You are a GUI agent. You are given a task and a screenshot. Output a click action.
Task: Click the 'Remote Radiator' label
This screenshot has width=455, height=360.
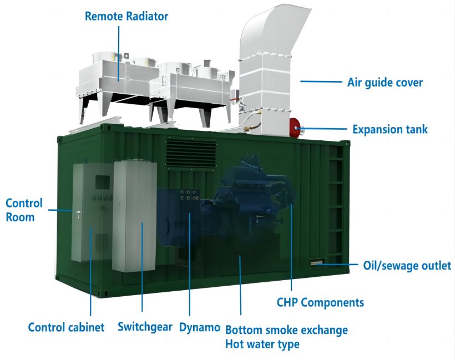(126, 16)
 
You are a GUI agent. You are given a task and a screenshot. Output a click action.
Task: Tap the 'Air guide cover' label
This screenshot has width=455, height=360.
(385, 83)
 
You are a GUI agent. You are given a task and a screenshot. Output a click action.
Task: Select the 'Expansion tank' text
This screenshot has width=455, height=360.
(390, 129)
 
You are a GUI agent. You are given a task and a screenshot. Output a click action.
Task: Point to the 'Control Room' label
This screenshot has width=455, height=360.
(24, 210)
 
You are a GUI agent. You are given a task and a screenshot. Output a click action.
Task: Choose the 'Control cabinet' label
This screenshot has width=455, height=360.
(66, 327)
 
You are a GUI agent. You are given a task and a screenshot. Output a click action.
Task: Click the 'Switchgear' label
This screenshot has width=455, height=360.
(145, 327)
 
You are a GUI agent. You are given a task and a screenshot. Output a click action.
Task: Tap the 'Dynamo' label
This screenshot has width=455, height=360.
(199, 327)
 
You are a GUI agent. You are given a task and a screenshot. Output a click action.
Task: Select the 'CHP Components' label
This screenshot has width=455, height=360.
(320, 302)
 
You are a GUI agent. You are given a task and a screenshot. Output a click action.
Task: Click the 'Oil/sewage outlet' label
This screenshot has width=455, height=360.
(407, 266)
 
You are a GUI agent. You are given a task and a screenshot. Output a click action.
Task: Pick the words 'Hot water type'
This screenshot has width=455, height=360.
(262, 344)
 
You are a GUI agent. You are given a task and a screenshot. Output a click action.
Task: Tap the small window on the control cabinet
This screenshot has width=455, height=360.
(103, 181)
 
